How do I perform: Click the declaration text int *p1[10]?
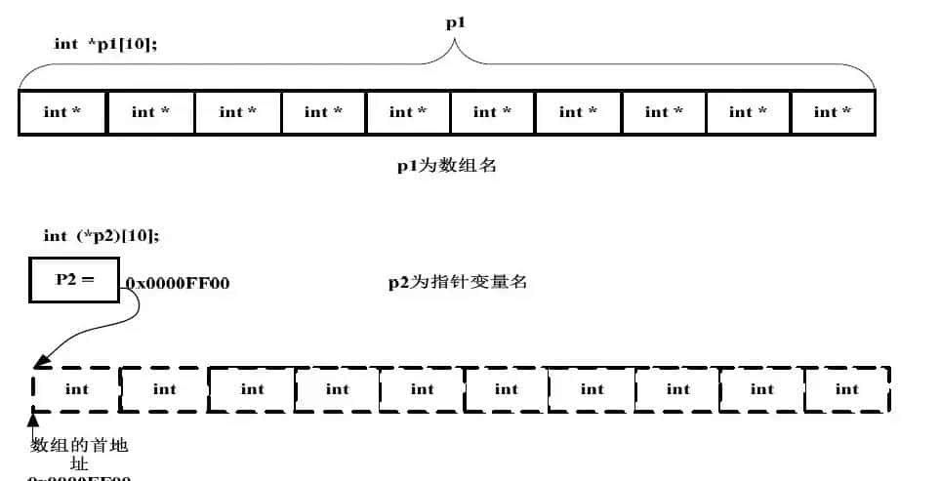point(105,44)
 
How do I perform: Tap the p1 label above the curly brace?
point(453,22)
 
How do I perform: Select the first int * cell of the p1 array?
point(62,112)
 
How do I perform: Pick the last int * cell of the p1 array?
point(833,112)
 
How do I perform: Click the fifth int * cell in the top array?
point(408,112)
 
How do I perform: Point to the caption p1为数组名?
point(446,165)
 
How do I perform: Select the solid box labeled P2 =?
point(74,279)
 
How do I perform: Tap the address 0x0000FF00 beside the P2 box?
point(177,284)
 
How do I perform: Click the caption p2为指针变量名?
point(458,283)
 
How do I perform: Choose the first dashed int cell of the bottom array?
point(76,389)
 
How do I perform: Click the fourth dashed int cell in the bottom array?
point(338,389)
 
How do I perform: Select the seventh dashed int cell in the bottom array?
point(593,389)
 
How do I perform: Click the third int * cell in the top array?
point(238,112)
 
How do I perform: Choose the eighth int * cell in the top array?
point(664,112)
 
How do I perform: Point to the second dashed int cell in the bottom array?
point(164,389)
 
